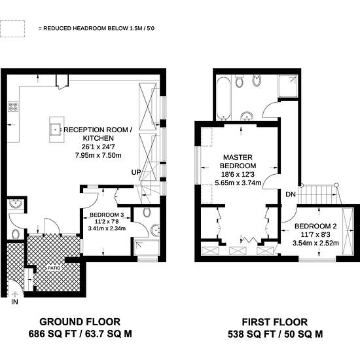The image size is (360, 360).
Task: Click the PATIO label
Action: click(54, 268)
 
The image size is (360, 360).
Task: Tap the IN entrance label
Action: click(14, 302)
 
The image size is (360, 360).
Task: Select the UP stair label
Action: click(136, 172)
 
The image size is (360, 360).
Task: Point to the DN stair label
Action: click(291, 194)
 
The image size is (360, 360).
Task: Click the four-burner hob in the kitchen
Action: click(13, 107)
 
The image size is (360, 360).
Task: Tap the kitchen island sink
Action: click(56, 130)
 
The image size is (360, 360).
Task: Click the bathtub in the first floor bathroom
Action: click(224, 98)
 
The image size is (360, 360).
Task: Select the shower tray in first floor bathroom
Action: click(288, 86)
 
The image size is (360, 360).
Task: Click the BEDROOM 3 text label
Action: click(107, 215)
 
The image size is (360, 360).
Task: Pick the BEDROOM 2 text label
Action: click(315, 226)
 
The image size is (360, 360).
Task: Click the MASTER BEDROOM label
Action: click(238, 162)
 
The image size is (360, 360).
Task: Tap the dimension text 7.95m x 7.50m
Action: click(98, 155)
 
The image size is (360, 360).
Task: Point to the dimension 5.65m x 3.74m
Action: click(238, 183)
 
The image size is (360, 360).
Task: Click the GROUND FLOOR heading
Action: click(80, 322)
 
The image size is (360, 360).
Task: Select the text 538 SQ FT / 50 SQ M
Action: click(275, 334)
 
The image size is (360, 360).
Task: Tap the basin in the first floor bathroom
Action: click(247, 116)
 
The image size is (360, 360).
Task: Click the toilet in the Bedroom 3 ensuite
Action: click(147, 212)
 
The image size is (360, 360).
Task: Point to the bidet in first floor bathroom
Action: click(257, 81)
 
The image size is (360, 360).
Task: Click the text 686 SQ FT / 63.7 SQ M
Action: click(80, 334)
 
